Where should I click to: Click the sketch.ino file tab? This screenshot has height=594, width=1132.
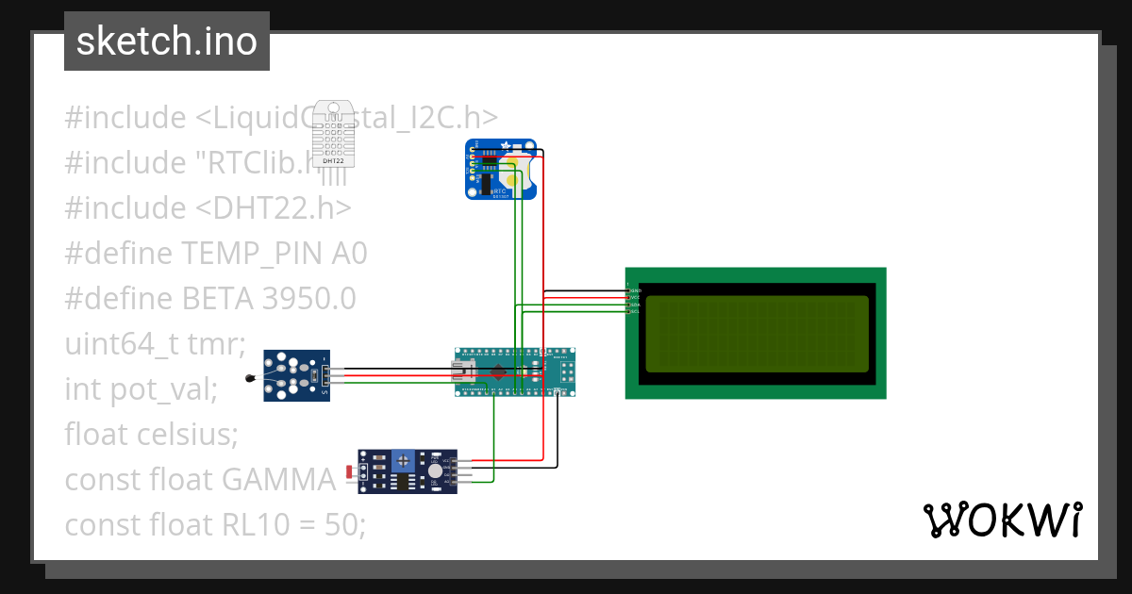166,41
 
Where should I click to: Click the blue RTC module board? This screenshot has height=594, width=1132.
501,170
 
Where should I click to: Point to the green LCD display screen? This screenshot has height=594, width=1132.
757,334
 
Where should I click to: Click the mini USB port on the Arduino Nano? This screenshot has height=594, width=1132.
464,371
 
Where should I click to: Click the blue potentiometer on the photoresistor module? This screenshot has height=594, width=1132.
404,460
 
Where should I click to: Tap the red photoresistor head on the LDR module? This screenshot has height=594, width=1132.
351,470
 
